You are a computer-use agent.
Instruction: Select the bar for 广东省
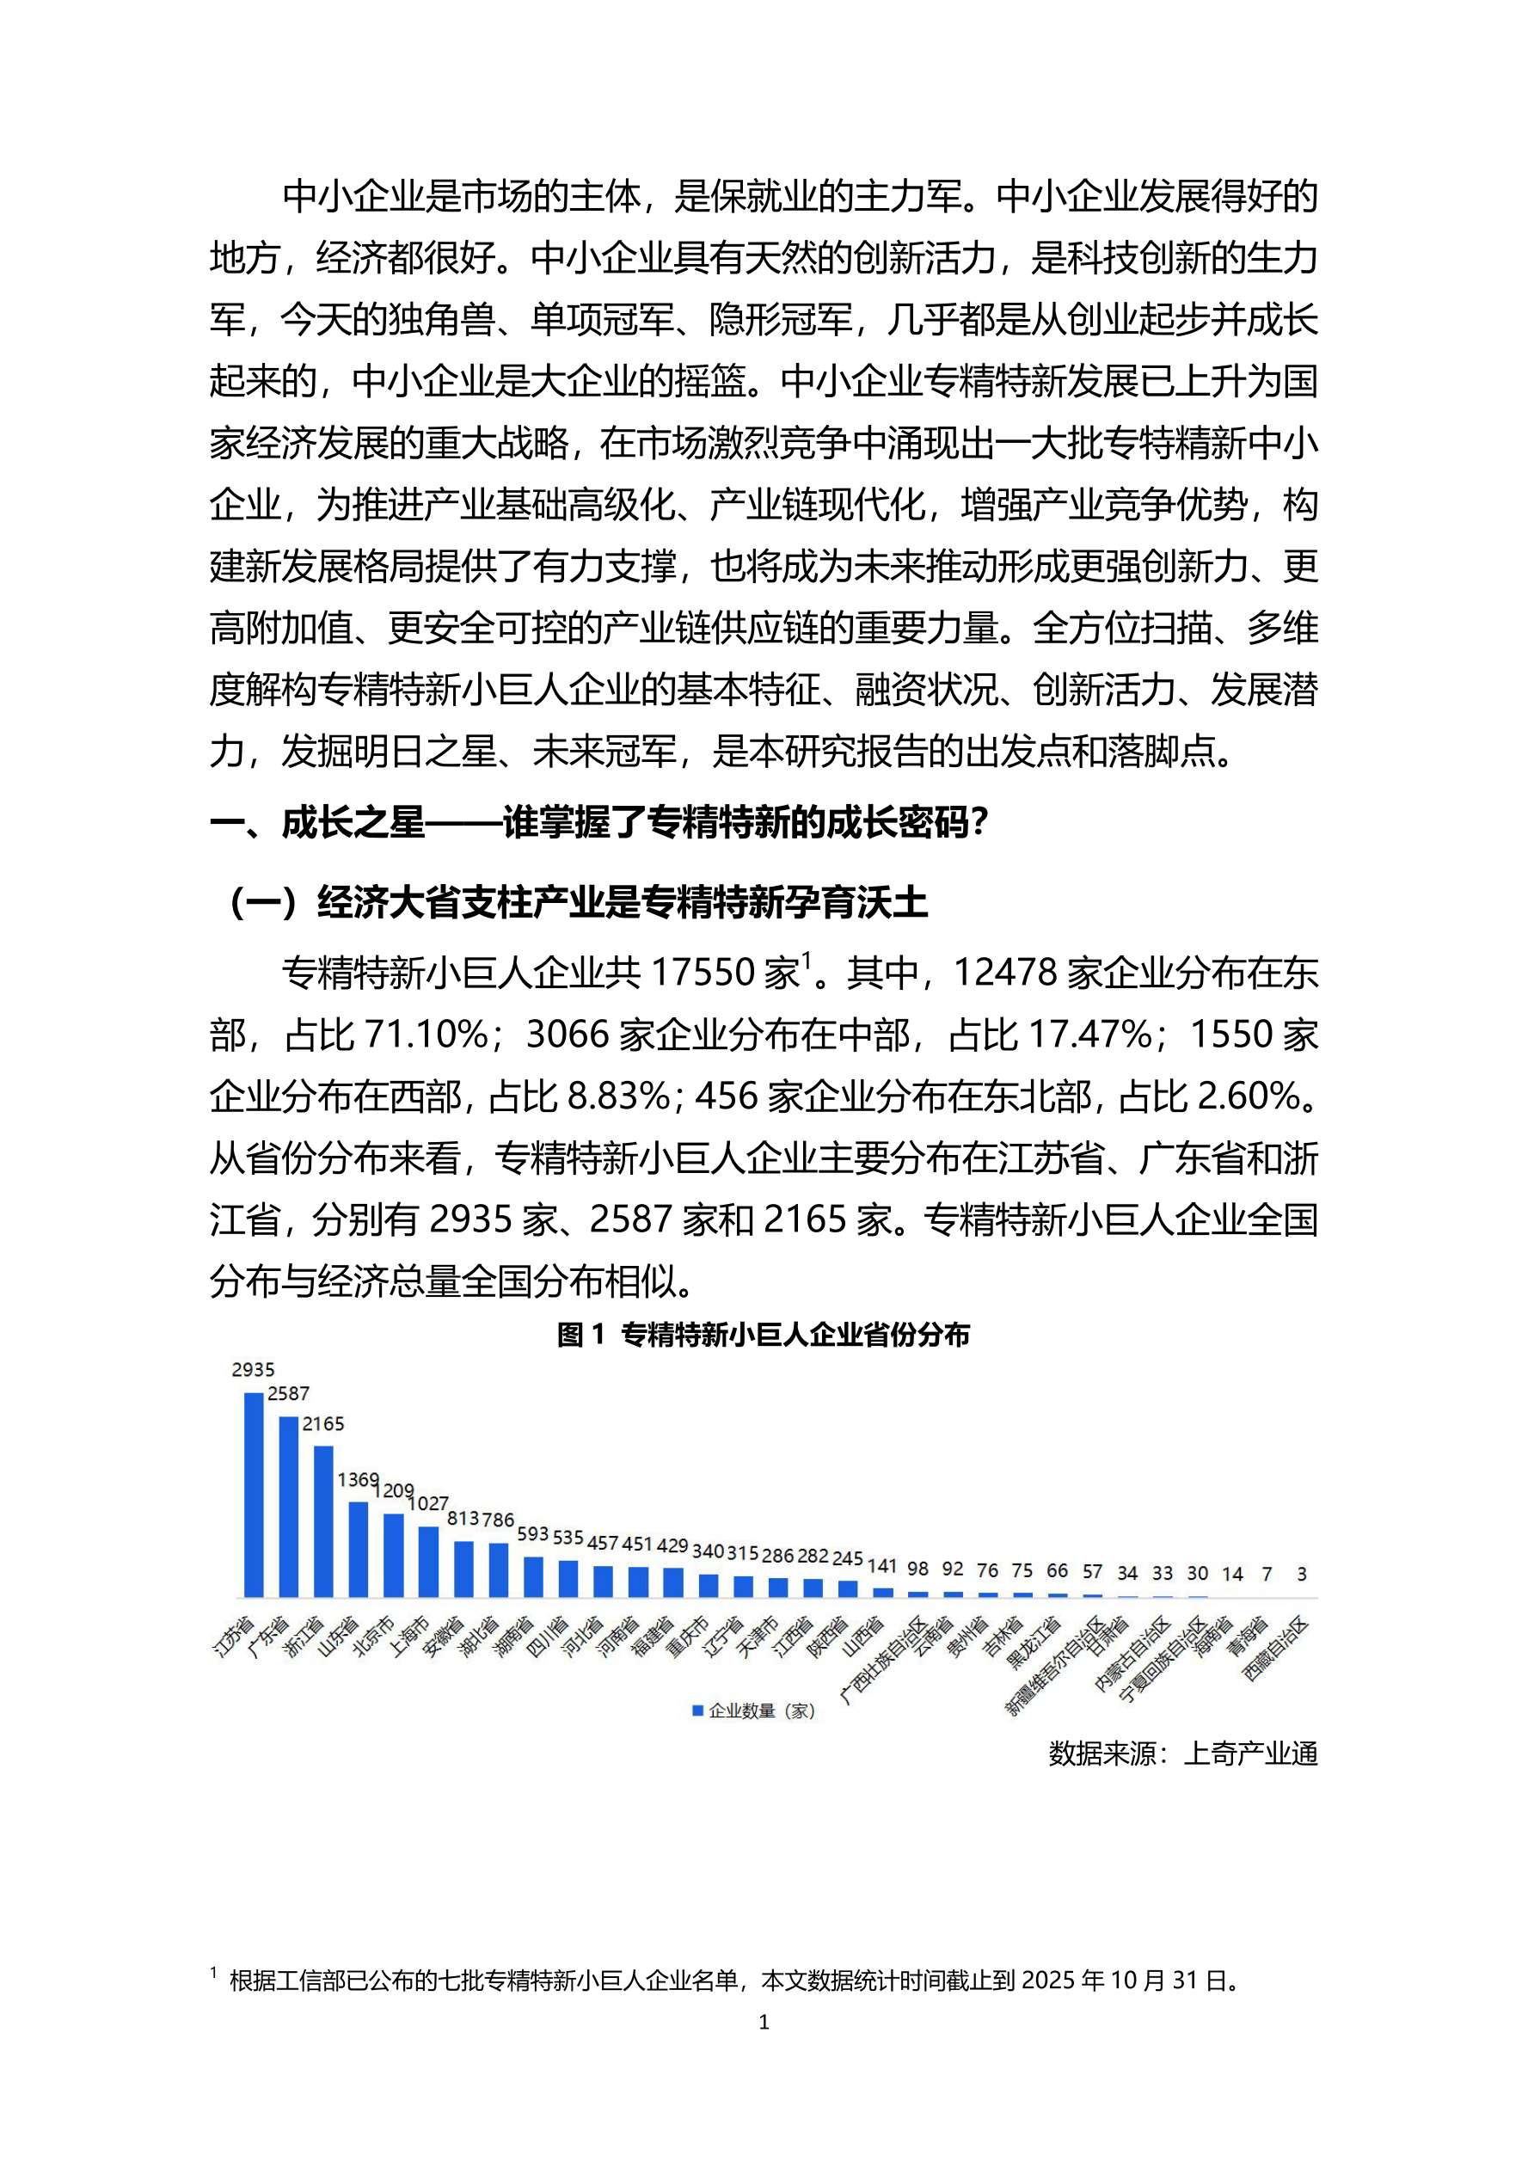click(288, 1507)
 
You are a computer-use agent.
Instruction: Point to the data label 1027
click(428, 1504)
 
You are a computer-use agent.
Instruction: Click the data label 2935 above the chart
click(254, 1370)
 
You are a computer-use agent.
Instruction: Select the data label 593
click(533, 1534)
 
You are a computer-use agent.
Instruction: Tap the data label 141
click(882, 1566)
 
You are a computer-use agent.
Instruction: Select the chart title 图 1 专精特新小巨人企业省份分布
click(764, 1335)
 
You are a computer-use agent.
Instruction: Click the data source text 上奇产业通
click(1250, 1754)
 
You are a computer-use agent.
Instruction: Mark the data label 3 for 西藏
click(1301, 1574)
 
